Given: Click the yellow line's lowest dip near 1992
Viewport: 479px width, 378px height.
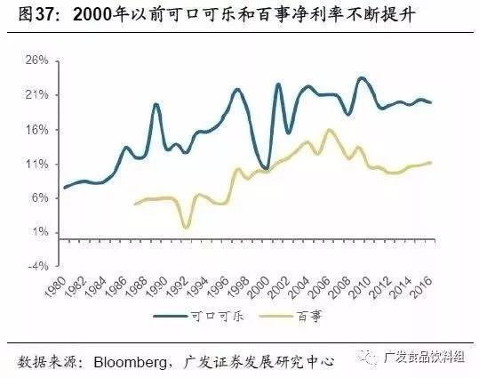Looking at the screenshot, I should [186, 228].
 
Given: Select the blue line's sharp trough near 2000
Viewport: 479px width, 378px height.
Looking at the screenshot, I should [266, 168].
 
